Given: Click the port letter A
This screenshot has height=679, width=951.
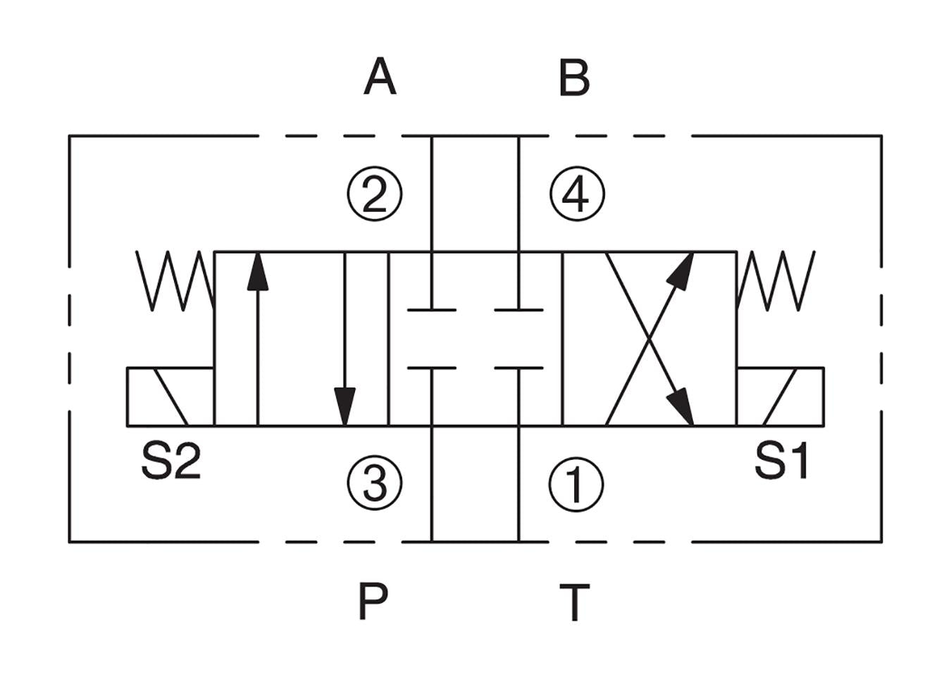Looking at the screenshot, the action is [380, 77].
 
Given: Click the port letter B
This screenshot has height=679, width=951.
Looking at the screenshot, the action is [574, 77].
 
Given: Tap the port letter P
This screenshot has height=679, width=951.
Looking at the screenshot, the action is [373, 601].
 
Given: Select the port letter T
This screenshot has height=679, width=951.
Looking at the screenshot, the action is [574, 602].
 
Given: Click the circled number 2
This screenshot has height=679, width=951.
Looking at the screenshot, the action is [375, 195].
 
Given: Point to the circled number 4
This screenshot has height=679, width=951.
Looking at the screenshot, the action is [577, 194].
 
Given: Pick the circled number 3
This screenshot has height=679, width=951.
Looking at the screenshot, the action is [375, 483].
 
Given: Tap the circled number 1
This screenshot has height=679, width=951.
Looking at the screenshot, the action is [576, 485].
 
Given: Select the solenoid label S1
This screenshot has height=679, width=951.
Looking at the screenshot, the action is [781, 461].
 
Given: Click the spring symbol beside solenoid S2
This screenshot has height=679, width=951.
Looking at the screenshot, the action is [175, 280].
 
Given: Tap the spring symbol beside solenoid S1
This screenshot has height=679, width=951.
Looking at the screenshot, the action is [776, 280].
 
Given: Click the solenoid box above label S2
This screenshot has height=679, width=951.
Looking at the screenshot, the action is [170, 397].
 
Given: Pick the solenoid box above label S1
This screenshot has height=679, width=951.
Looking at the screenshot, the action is [781, 397].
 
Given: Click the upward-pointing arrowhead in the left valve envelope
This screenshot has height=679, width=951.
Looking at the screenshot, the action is [258, 272].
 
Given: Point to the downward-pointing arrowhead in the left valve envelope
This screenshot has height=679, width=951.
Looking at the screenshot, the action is [344, 406].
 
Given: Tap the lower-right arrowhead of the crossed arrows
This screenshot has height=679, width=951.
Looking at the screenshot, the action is [680, 406].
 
